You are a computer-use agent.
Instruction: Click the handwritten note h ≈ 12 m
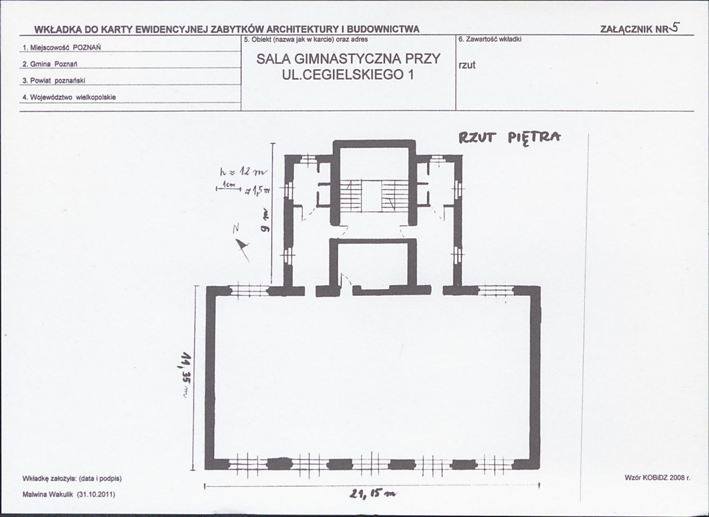243,172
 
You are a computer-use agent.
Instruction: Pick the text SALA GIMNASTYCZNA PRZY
348,59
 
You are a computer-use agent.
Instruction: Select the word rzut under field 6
467,65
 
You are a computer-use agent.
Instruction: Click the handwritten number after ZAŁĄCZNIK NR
675,27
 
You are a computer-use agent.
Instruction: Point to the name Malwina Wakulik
48,495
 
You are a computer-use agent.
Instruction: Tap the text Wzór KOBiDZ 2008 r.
657,477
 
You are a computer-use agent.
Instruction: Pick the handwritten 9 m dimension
264,220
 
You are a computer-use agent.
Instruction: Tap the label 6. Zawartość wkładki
490,40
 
